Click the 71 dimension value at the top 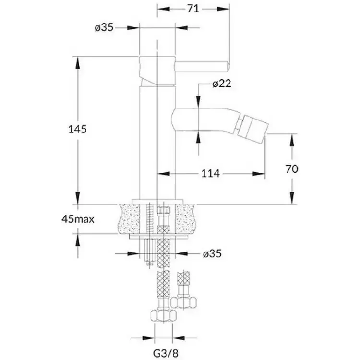point(193,9)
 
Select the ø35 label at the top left point(104,28)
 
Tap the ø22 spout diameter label point(222,84)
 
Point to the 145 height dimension point(78,129)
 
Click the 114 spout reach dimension point(211,174)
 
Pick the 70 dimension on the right point(292,169)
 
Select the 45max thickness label point(78,219)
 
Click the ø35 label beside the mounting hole point(212,254)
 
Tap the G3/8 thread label point(165,353)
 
